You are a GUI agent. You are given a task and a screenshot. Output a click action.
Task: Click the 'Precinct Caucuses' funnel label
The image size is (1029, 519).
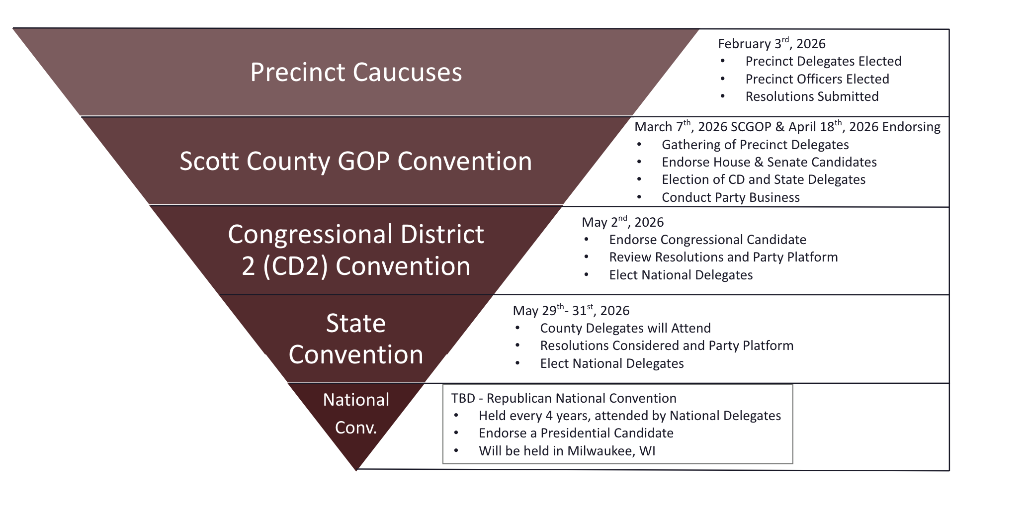(356, 72)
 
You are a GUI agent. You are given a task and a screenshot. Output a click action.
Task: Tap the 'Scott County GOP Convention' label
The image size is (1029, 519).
(356, 161)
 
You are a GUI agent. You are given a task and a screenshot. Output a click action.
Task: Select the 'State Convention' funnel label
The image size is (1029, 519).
(356, 339)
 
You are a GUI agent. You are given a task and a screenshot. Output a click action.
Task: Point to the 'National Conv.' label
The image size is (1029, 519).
(356, 413)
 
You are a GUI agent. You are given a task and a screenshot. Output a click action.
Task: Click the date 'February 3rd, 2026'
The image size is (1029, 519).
(772, 43)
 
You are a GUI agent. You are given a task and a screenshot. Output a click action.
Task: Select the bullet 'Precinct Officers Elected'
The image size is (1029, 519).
(817, 79)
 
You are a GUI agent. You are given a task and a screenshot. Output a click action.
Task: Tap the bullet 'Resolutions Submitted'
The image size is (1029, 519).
(812, 96)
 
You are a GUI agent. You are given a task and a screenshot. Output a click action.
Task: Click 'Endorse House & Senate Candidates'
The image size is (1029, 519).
(769, 162)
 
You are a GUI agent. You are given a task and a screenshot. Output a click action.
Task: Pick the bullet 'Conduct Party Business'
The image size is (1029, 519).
(731, 197)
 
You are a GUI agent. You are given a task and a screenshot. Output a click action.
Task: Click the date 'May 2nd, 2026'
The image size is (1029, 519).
(623, 222)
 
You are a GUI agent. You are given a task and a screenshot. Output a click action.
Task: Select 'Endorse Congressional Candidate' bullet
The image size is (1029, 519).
(707, 240)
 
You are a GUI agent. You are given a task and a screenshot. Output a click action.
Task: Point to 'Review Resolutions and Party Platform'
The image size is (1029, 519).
(723, 257)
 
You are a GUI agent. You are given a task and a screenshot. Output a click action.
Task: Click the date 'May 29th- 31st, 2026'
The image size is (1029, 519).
(571, 310)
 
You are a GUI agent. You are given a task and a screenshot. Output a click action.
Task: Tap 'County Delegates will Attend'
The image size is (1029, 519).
(625, 328)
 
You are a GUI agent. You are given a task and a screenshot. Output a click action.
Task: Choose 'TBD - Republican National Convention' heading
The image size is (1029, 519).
(564, 398)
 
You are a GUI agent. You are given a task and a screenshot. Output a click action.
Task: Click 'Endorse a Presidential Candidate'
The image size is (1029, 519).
(576, 433)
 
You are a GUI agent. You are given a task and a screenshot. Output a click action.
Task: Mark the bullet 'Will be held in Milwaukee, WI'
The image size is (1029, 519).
(567, 451)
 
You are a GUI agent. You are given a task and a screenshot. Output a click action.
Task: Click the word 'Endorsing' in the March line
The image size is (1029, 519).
(911, 127)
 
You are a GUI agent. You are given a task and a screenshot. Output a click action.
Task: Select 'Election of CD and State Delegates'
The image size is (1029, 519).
(764, 179)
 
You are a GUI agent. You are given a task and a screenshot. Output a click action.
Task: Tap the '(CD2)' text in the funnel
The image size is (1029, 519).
(295, 266)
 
